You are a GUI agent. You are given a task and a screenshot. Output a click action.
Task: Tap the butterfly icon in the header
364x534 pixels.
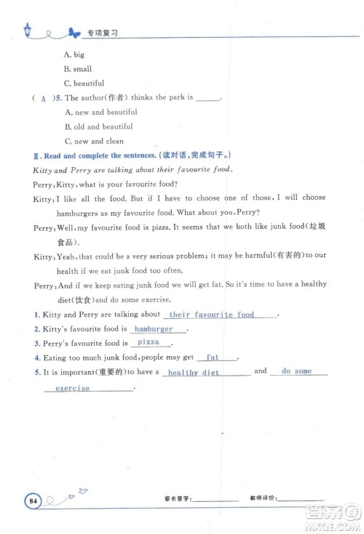pos(73,32)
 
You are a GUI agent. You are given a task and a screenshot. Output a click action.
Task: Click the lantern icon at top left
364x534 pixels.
pos(28,29)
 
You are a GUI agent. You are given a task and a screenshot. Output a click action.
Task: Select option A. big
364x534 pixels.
pos(74,54)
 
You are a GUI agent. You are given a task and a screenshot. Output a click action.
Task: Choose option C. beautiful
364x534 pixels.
pos(84,84)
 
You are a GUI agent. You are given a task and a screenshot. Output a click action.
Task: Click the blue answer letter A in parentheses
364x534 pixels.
pos(44,98)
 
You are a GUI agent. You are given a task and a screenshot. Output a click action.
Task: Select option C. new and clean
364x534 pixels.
pos(95,141)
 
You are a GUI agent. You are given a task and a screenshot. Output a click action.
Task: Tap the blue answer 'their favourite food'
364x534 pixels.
pos(212,315)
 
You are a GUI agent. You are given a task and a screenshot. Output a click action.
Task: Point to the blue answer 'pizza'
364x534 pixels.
pos(149,343)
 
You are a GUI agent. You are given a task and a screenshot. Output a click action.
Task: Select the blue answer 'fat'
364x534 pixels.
pos(213,357)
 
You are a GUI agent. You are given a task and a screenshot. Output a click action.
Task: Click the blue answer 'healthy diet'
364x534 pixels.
pos(194,372)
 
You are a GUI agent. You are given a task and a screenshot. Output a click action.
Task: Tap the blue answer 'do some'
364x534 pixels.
pos(296,371)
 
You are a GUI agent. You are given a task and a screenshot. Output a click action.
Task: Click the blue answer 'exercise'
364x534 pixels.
pos(73,389)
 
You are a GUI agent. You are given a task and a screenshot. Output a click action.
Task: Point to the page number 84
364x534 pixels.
pos(33,500)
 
